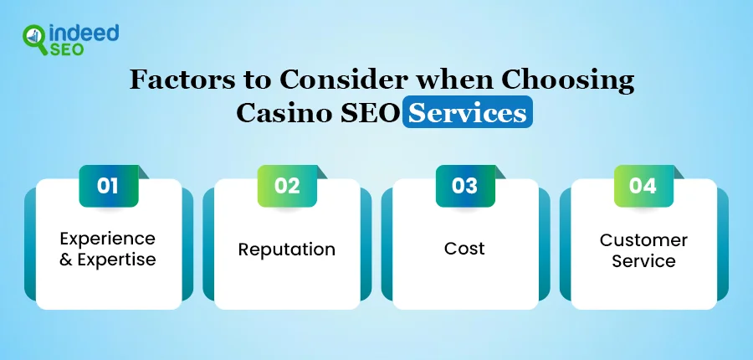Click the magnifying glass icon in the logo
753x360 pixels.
pos(34,39)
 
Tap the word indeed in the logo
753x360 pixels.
pos(84,33)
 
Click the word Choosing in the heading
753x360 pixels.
pos(568,81)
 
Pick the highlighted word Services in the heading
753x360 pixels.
pos(467,113)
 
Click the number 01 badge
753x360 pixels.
pos(109,186)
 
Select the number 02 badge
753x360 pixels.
pos(287,186)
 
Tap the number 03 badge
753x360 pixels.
pos(465,186)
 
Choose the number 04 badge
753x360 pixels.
pos(643,186)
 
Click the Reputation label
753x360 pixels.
pos(287,250)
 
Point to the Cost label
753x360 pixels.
pos(464,249)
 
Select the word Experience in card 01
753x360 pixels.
pos(108,239)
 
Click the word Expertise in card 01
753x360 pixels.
pos(116,260)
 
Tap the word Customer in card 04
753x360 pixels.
pos(643,240)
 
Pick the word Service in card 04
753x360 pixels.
pos(643,261)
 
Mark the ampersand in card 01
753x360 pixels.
pos(66,260)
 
